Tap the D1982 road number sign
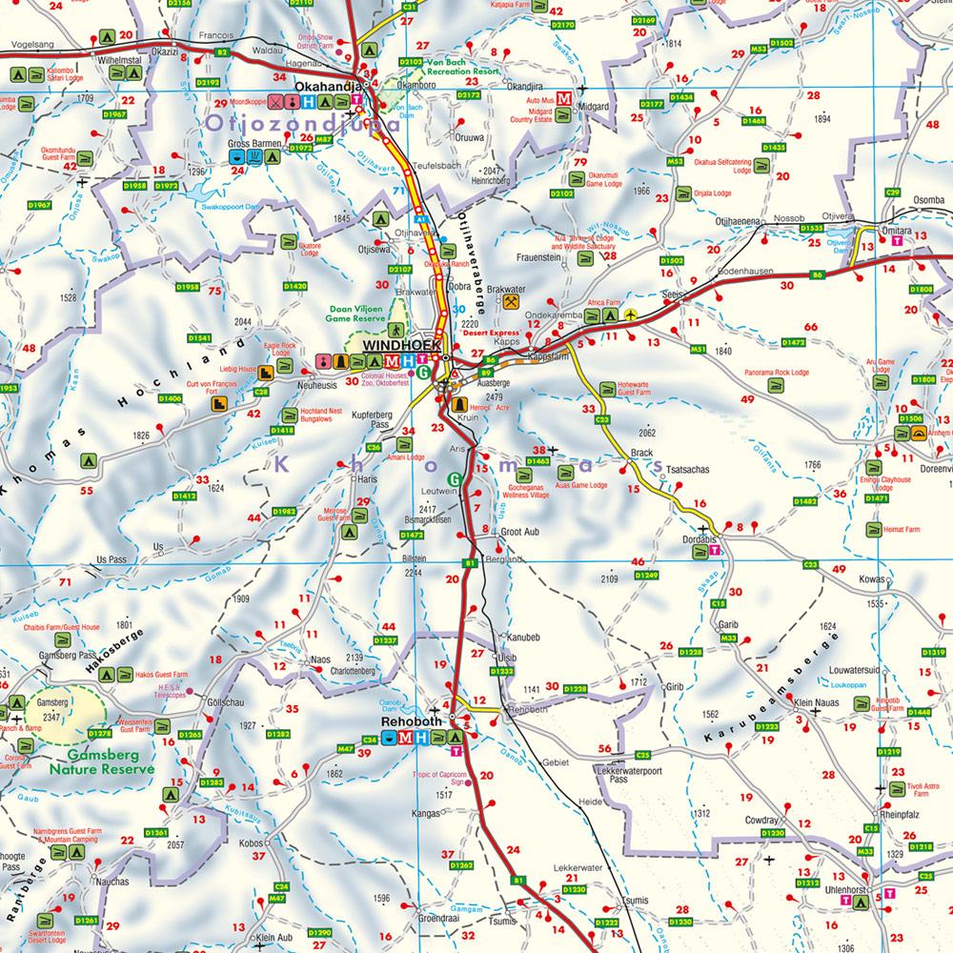tap(285, 511)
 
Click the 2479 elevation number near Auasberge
tap(493, 396)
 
